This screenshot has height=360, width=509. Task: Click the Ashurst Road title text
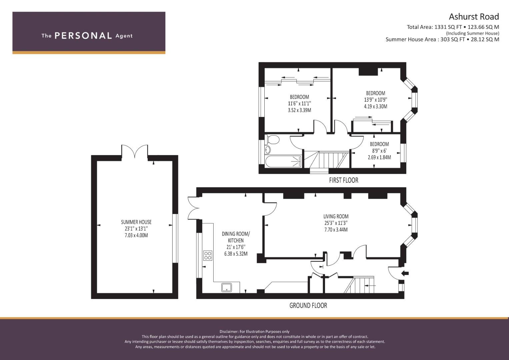pos(474,17)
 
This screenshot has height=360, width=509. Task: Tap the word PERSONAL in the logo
pos(83,36)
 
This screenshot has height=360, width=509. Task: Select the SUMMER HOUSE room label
pos(136,222)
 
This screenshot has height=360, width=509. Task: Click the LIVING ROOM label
pos(336,216)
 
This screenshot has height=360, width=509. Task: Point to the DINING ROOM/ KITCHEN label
pos(236,237)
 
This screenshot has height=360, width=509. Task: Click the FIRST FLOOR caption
pos(344,180)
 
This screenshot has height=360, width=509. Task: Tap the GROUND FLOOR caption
pos(308,305)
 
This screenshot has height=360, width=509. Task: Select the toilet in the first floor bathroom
pos(272,139)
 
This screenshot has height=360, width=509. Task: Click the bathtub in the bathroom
pos(283,161)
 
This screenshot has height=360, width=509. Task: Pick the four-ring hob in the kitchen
pos(208,255)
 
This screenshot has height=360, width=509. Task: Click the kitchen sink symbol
pos(227,287)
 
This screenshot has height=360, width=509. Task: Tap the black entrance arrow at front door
pos(405,273)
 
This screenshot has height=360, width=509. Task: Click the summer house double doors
pos(135,151)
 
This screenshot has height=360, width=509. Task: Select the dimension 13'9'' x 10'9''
pos(375,100)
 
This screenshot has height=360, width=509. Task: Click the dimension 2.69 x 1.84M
pos(379,157)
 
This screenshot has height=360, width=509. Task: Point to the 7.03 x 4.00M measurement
pos(136,235)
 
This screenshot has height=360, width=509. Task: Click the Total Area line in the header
pos(453,27)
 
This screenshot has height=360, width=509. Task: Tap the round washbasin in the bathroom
pos(268,150)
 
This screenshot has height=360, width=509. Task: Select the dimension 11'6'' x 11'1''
pos(299,103)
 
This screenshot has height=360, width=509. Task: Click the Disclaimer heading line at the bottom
pos(255,332)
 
